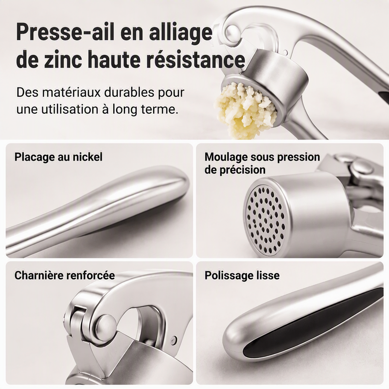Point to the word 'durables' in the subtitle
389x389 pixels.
tap(129, 92)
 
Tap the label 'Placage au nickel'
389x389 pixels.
tap(58, 157)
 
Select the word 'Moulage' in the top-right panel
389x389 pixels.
tap(226, 157)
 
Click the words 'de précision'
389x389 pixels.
tap(235, 170)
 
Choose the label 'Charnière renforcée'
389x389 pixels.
tap(65, 275)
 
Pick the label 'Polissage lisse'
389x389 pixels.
tap(242, 275)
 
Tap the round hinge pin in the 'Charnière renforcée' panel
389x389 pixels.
tap(106, 326)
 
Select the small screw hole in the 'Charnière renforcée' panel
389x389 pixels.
tap(174, 338)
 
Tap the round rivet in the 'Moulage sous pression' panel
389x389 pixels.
tap(362, 167)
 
